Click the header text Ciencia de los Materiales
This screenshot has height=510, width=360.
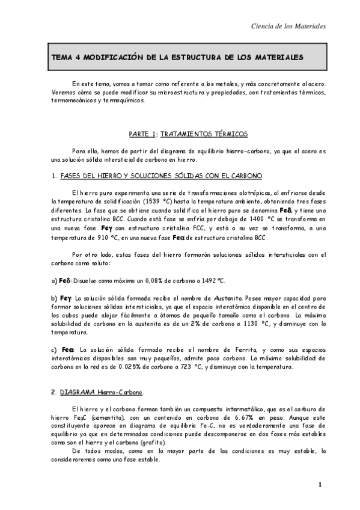click(x=288, y=26)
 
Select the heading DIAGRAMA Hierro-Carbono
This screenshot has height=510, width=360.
click(x=102, y=392)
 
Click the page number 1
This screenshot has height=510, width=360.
click(x=321, y=485)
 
